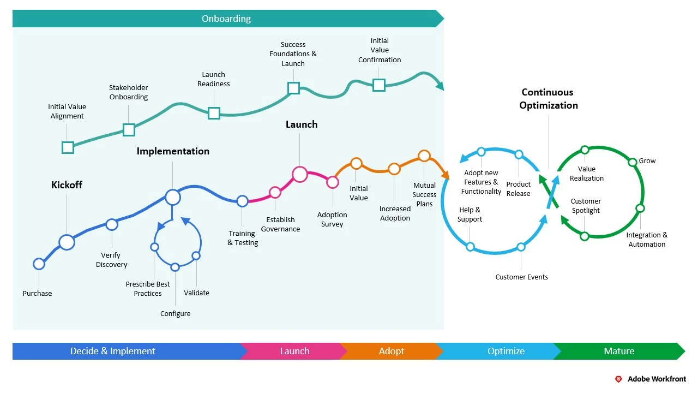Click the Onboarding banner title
tap(226, 19)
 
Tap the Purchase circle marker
tap(39, 264)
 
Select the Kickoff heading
tap(67, 185)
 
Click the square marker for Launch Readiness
tap(214, 113)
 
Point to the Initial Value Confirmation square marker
tap(379, 85)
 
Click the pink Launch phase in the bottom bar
tap(294, 351)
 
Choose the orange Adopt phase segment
tap(392, 351)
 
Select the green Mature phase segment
tap(619, 351)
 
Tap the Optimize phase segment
tap(506, 351)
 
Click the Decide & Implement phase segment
tap(113, 351)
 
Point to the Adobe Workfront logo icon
tap(618, 379)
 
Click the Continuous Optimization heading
tap(549, 99)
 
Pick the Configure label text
tap(176, 314)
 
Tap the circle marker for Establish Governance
tap(275, 192)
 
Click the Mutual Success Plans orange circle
tap(424, 156)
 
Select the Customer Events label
tap(521, 277)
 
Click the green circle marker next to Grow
tap(633, 162)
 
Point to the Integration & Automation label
tap(647, 240)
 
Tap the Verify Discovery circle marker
tap(112, 224)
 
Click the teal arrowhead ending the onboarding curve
tap(439, 85)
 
